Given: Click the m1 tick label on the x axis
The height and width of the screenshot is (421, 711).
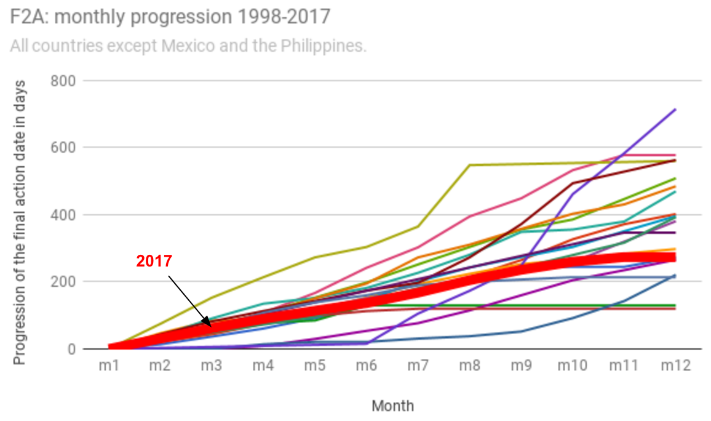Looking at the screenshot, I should coord(109,365).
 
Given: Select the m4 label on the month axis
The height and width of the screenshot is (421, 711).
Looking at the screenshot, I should coord(263,365).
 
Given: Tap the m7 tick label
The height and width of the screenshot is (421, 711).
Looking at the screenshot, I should coord(418,365).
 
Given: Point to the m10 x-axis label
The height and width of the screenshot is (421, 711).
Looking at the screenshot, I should coord(572,365).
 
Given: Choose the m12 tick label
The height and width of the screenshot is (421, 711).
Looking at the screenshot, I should coord(675,365).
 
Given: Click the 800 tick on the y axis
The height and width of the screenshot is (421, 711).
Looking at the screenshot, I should coord(62,81).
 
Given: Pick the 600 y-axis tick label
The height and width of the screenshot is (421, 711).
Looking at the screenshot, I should coord(62,148).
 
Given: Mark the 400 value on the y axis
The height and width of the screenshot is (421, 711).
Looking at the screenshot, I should coord(62,215).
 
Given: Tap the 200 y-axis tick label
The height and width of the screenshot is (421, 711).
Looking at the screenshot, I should coord(62,282).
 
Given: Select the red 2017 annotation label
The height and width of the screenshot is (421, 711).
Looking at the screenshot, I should coord(154,261).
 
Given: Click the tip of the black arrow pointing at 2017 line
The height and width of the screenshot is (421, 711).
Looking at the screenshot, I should coord(210,326).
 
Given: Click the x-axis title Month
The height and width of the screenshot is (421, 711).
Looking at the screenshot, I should coord(392,406).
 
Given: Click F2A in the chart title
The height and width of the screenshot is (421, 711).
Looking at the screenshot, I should coord(25,17).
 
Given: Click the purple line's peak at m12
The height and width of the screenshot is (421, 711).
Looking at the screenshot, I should coord(675,110).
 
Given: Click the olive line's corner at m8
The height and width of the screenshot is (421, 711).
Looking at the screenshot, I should coord(469,165).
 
